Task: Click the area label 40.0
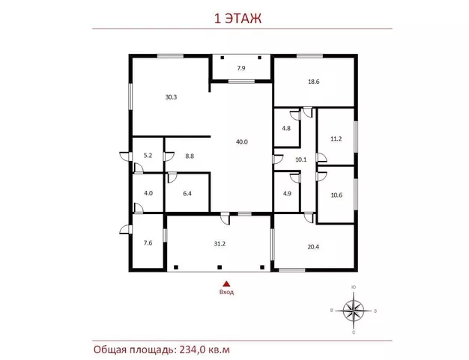point(242,142)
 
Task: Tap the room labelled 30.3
point(171,97)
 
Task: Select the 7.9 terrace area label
point(241,68)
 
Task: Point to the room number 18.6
point(314,82)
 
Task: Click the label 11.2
point(336,138)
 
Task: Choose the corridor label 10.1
point(301,159)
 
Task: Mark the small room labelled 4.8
point(286,129)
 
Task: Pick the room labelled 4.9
point(287,194)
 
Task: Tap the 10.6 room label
point(336,195)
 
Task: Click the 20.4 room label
point(313,247)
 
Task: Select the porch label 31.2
point(220,244)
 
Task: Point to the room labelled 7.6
point(148,243)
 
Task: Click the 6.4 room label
point(187,194)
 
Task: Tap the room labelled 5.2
point(148,156)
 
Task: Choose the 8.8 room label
point(190,156)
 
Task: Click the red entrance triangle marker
point(226,284)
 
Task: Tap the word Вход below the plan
point(226,292)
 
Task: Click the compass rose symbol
point(354,311)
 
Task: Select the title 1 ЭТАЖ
point(238,18)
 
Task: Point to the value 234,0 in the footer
point(193,350)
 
